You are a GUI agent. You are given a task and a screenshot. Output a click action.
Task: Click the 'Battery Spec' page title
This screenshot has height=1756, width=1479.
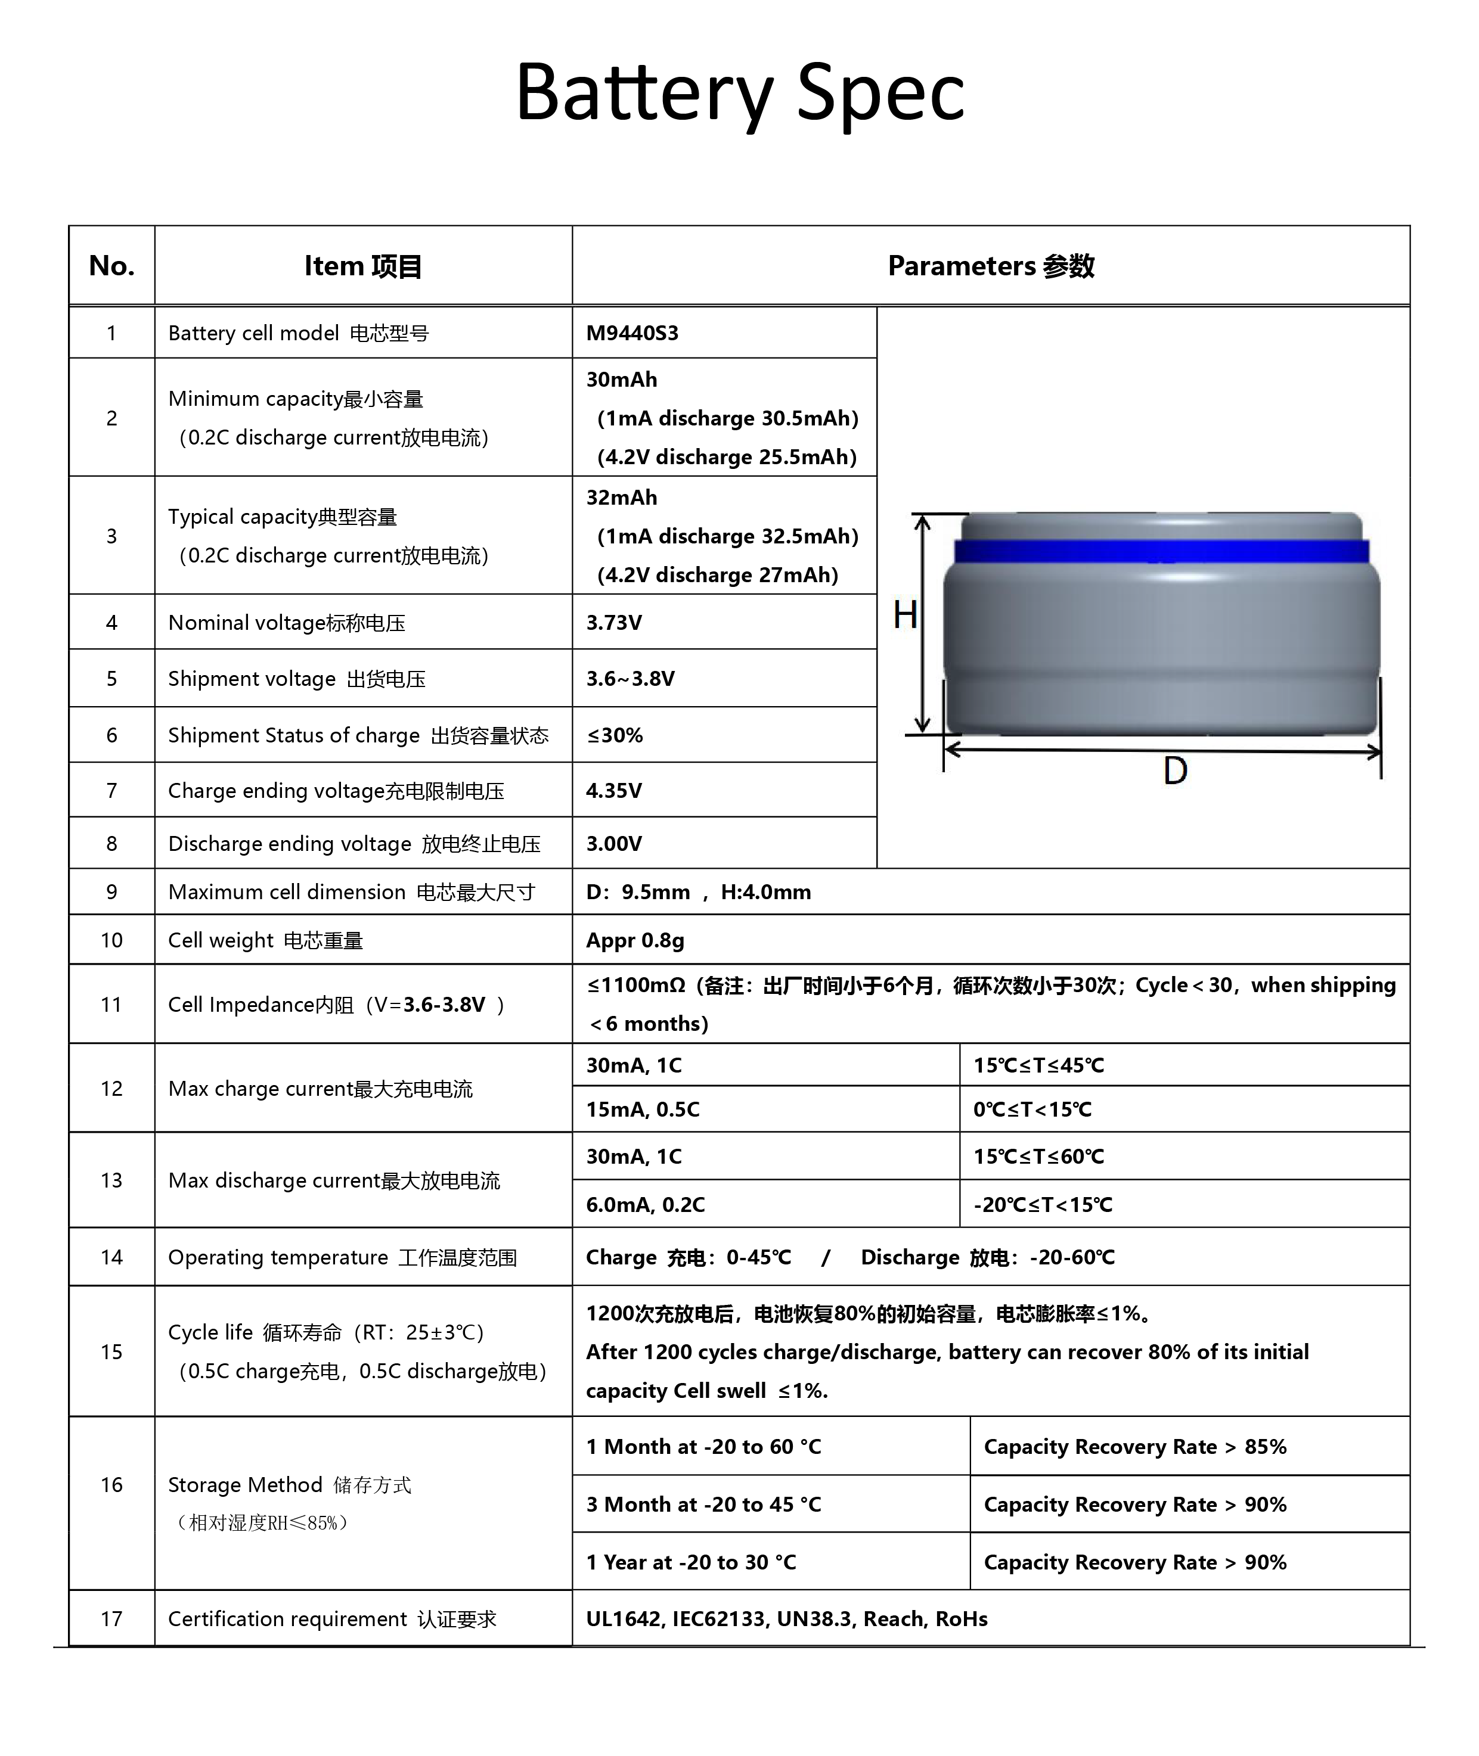739,92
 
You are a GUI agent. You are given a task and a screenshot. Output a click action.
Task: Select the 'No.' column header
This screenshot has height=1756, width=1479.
111,266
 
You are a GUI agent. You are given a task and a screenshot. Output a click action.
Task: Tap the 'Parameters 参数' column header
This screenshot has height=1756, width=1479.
990,266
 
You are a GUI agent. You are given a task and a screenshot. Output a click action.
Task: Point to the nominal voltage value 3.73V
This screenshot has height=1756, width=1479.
614,623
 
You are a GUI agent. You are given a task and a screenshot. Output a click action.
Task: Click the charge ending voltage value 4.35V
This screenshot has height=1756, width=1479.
614,791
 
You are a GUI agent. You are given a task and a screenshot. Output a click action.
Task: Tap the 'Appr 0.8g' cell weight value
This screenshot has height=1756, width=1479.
635,940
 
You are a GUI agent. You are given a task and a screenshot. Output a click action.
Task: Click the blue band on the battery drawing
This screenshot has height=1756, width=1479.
1161,551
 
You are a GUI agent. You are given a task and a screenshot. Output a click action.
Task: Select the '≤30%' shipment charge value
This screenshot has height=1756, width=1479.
615,735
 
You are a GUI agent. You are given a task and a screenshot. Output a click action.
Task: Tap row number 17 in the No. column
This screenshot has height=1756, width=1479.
111,1618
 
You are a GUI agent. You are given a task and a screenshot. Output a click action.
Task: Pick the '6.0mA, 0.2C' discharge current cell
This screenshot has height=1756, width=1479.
645,1204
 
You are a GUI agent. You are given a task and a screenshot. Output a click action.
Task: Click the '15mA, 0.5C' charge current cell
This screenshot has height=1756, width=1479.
642,1109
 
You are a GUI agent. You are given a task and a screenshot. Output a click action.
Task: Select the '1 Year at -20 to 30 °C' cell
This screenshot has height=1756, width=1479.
691,1562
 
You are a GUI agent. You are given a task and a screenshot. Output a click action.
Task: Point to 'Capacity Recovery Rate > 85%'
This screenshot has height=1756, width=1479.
1134,1446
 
